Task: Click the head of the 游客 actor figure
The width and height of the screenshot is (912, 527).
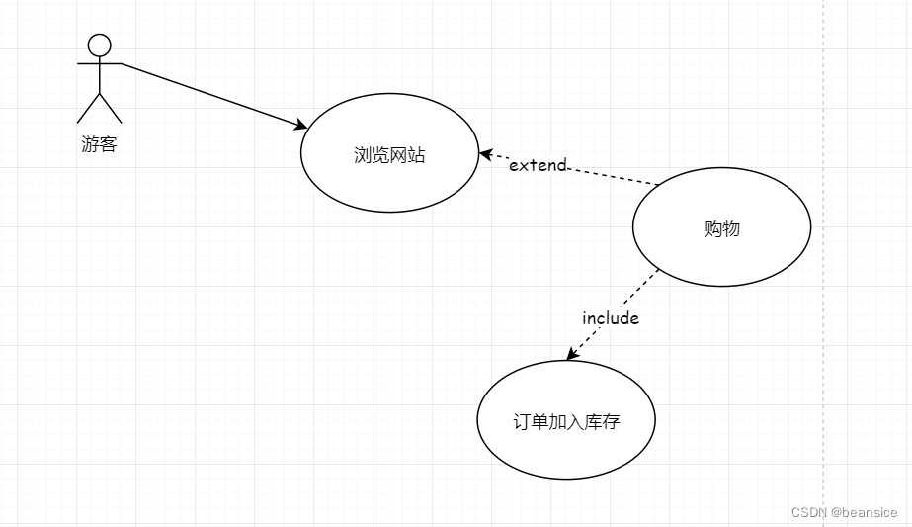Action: click(99, 44)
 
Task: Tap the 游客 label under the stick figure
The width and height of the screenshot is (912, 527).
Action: click(99, 145)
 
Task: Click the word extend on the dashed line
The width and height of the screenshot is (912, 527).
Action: click(538, 165)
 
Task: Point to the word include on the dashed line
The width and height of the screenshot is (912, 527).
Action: click(611, 318)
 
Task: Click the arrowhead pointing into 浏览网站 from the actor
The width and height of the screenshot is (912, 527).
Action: click(300, 126)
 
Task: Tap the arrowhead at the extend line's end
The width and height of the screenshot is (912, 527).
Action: click(485, 154)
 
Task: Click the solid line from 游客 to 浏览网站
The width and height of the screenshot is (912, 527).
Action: click(207, 93)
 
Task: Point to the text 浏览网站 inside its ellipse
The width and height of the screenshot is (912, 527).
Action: click(389, 155)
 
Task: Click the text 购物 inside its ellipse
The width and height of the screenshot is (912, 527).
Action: click(721, 229)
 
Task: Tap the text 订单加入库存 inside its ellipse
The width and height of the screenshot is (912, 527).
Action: click(565, 421)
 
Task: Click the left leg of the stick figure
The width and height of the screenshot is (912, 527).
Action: click(88, 109)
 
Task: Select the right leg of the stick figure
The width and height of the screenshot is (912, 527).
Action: click(111, 109)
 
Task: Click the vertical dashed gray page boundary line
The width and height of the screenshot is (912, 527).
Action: click(823, 297)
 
